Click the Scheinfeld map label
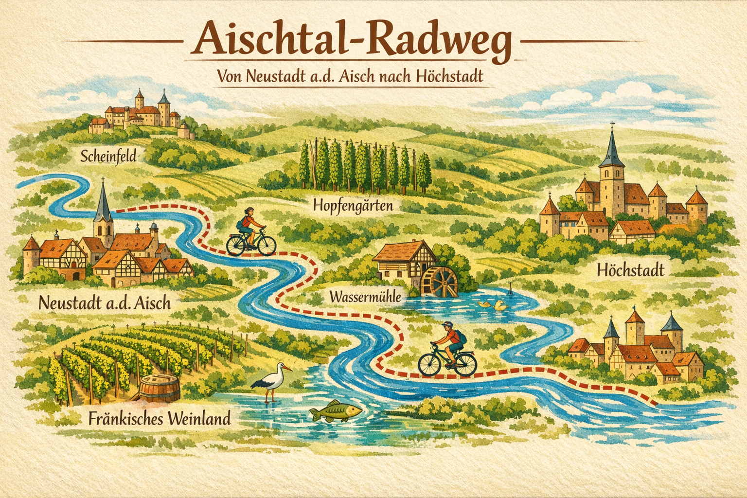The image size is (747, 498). coord(108,156)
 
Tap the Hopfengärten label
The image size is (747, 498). coord(353,205)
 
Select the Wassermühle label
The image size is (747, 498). coord(365,296)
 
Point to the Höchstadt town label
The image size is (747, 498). coord(630,270)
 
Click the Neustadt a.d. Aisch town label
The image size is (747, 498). coord(104,303)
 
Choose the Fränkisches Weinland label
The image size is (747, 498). coord(160,418)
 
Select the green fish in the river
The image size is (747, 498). coord(336,411)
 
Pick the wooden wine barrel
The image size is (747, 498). coord(160,389)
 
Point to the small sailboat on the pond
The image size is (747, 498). coord(510,290)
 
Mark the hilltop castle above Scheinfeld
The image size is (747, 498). coord(141,114)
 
